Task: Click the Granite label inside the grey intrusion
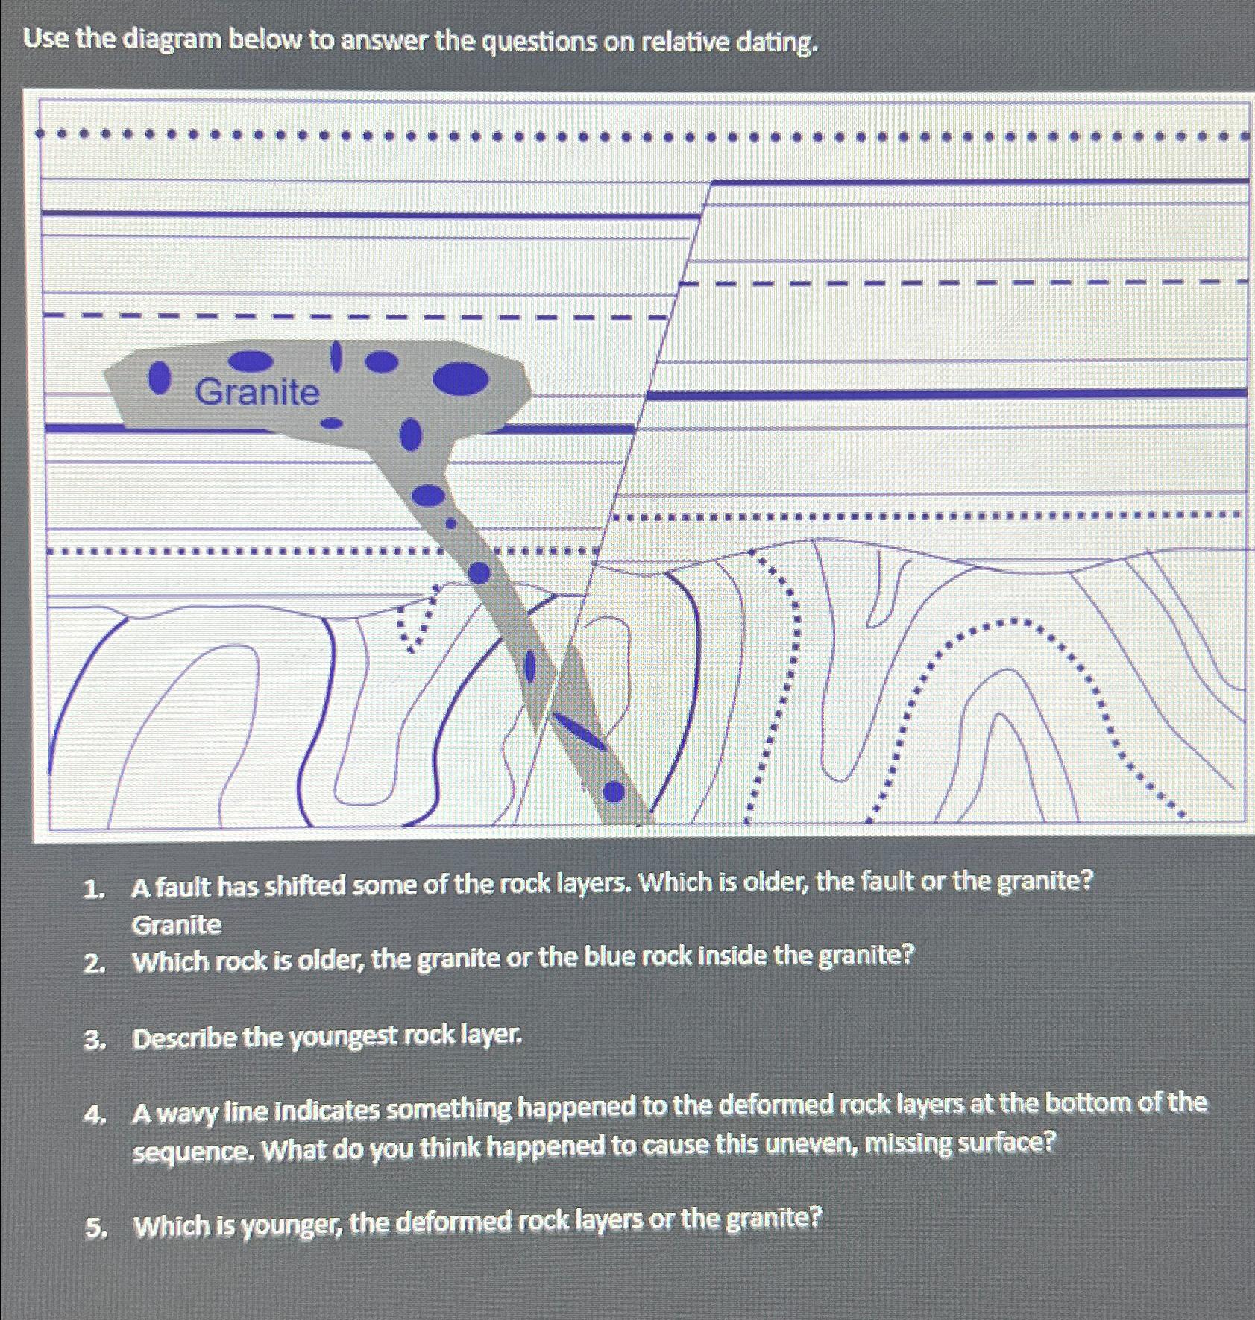pyautogui.click(x=257, y=392)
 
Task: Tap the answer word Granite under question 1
pyautogui.click(x=177, y=925)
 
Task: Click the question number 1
pyautogui.click(x=92, y=888)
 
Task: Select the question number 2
pyautogui.click(x=93, y=964)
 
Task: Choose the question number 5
pyautogui.click(x=93, y=1228)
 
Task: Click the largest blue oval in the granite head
pyautogui.click(x=462, y=378)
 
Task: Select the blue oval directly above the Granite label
pyautogui.click(x=251, y=361)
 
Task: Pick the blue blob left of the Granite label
pyautogui.click(x=156, y=378)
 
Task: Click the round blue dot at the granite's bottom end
pyautogui.click(x=613, y=792)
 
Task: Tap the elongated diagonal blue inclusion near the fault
pyautogui.click(x=579, y=732)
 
